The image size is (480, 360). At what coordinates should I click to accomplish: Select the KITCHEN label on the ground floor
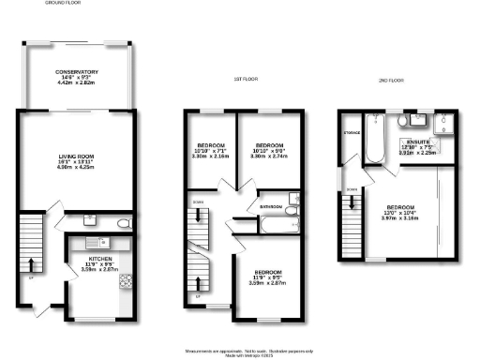(99, 256)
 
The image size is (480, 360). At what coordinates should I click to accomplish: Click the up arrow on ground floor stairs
(35, 263)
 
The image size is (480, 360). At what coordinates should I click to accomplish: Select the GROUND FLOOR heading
(62, 4)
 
